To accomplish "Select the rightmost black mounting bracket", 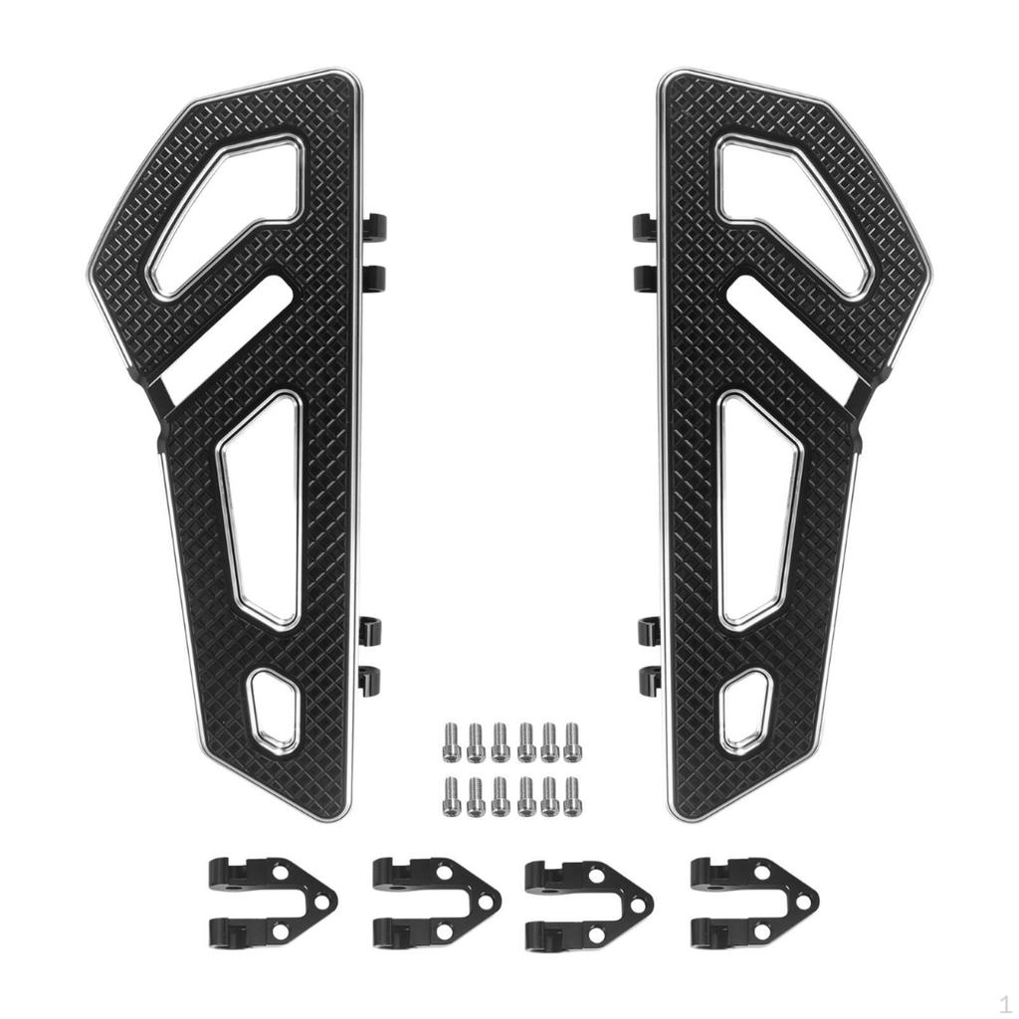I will [x=752, y=902].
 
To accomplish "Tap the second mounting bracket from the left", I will [x=434, y=902].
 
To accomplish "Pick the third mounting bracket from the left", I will [x=588, y=902].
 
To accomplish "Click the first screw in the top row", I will [x=451, y=742].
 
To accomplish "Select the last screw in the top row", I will [x=571, y=742].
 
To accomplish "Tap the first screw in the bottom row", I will [x=451, y=796].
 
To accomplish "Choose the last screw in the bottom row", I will [x=571, y=796].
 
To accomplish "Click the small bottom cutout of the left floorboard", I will [x=274, y=709].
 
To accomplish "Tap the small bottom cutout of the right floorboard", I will [x=745, y=709].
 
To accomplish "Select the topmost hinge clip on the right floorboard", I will [x=643, y=227].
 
